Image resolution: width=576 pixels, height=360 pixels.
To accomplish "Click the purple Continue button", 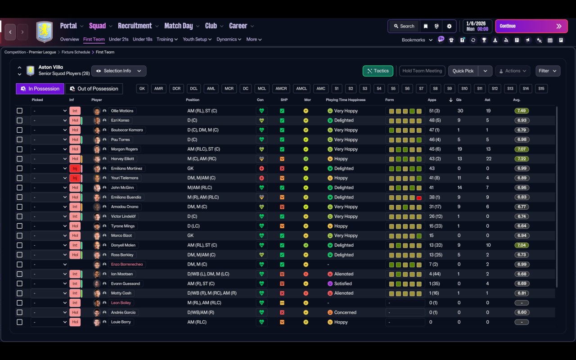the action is [531, 26].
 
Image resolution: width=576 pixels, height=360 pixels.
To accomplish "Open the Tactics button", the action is [378, 71].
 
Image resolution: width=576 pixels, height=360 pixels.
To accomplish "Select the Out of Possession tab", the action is [94, 89].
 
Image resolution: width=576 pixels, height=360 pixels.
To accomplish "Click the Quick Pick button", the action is [463, 71].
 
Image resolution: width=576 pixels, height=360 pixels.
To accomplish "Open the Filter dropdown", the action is [548, 71].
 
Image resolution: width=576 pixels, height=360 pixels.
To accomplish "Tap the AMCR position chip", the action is [281, 89].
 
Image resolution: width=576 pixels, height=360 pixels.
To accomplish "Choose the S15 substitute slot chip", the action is [541, 89].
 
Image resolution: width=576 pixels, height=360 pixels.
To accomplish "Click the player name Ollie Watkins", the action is [122, 111].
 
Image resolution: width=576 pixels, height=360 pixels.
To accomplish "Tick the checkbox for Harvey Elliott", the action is [19, 159].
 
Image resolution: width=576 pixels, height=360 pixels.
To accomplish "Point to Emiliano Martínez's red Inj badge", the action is [75, 168].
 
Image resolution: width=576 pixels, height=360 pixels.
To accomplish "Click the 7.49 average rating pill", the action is [522, 111].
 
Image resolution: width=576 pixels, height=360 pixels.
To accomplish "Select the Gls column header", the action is [459, 100].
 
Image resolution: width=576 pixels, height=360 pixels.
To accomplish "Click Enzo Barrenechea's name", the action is [127, 264].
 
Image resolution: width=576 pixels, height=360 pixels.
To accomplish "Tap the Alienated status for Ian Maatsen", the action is [343, 274].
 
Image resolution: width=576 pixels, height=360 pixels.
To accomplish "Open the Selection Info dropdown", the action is [119, 71].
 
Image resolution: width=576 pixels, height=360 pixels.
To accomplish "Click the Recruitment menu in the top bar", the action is [135, 26].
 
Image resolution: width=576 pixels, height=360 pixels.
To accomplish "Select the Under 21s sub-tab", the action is [118, 39].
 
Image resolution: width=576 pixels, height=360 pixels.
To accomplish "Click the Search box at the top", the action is [404, 26].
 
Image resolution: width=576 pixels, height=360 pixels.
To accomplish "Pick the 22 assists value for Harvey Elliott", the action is [489, 159].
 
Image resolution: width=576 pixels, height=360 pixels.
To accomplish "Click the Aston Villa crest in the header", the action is [45, 31].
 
